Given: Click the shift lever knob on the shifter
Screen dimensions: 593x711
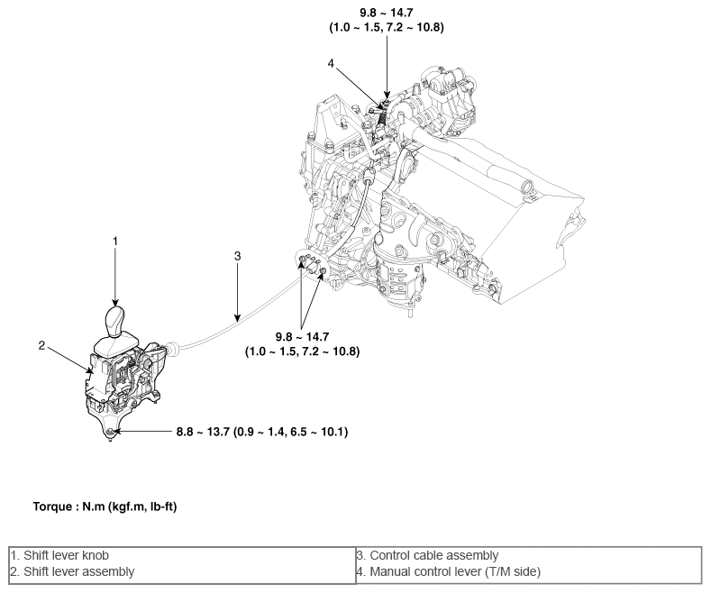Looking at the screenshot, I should [x=116, y=321].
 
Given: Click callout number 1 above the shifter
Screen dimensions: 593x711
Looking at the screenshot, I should [x=115, y=242].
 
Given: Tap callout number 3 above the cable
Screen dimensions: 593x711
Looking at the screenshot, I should [x=237, y=256].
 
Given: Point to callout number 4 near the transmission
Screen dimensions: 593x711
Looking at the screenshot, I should [x=331, y=63].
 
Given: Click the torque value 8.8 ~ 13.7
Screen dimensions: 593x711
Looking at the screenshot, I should [x=205, y=433].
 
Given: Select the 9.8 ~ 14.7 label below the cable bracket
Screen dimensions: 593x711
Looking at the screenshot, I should [x=302, y=335].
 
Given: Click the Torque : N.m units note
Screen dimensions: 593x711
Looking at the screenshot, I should [x=105, y=507].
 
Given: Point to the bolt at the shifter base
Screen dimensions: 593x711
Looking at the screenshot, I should [x=110, y=433].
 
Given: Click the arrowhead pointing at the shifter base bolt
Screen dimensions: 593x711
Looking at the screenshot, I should [x=120, y=433].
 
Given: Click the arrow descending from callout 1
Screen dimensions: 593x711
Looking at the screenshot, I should [x=115, y=275].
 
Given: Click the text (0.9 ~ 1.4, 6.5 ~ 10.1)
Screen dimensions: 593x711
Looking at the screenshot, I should [x=291, y=433].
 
